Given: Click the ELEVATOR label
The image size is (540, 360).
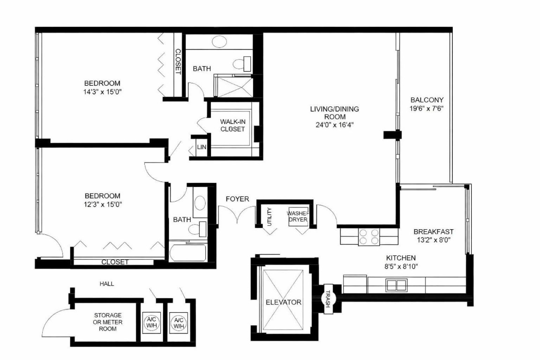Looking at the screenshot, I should [x=283, y=302].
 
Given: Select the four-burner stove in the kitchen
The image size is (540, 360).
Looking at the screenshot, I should [x=368, y=237].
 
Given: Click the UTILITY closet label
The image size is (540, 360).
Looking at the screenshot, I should [x=270, y=217].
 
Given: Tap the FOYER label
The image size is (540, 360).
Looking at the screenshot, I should [x=237, y=199].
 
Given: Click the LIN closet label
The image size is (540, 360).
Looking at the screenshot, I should [x=202, y=147].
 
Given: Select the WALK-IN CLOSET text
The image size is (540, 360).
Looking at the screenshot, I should [x=232, y=125].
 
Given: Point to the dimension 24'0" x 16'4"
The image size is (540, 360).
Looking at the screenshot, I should [x=334, y=125].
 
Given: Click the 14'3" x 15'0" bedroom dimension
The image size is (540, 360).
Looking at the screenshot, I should [x=103, y=92].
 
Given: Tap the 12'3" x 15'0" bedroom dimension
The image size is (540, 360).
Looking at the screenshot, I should [x=103, y=204].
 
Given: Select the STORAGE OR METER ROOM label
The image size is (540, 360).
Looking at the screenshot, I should [x=107, y=322].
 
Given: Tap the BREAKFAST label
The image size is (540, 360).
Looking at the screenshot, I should [x=434, y=232].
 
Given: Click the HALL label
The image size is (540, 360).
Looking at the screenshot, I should [x=107, y=284].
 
